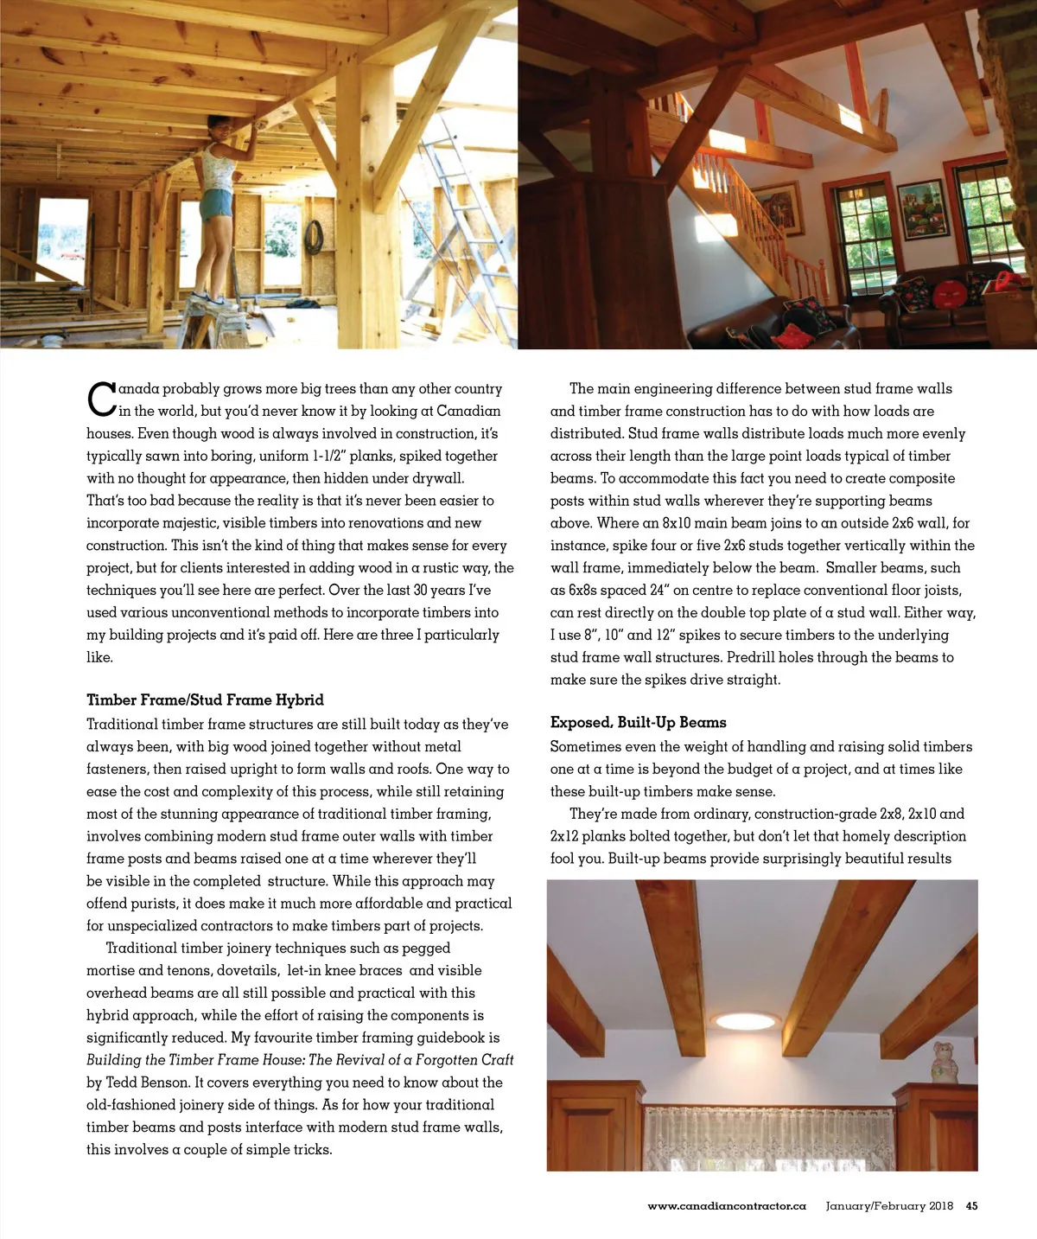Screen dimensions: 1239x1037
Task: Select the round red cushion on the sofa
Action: (955, 289)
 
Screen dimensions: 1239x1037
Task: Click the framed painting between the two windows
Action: (923, 208)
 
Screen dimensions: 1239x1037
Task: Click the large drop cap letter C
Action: (101, 399)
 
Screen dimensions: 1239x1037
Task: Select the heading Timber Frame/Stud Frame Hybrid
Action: (205, 699)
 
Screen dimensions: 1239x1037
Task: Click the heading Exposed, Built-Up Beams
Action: (638, 722)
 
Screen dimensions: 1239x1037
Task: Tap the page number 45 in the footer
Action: (971, 1206)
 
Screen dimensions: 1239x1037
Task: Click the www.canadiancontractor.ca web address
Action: (726, 1206)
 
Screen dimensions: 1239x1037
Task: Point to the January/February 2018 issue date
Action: (888, 1206)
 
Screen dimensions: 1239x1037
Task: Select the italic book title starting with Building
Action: (300, 1060)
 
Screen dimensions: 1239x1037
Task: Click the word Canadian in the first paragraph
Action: (468, 411)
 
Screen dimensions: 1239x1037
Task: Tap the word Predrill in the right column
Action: (750, 657)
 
